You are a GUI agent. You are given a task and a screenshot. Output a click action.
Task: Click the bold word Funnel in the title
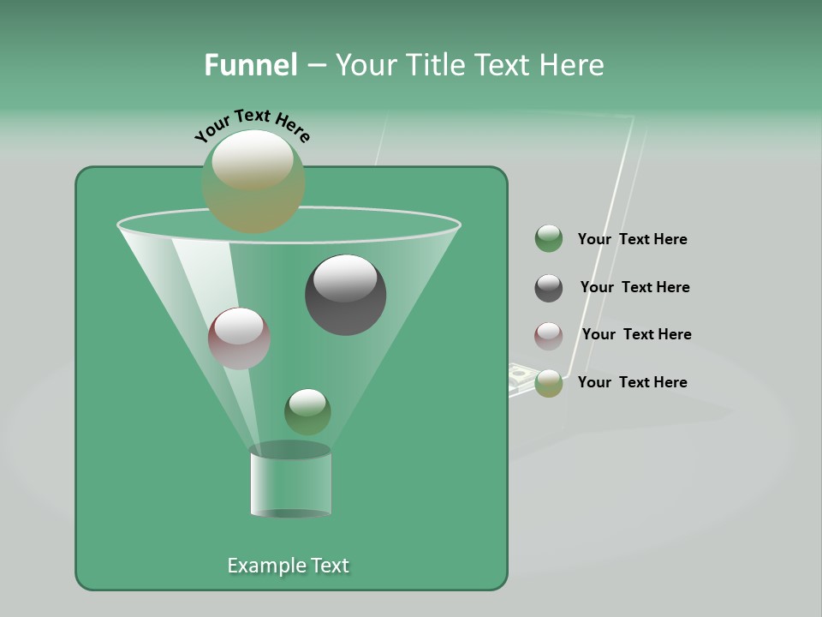point(250,65)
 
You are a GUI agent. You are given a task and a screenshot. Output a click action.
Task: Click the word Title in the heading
point(436,65)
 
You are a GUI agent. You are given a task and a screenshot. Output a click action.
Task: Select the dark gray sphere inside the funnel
point(346,295)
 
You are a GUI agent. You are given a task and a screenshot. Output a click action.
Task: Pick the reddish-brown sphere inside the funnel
point(240,338)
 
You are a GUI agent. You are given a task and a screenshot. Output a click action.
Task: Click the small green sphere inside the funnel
point(307,411)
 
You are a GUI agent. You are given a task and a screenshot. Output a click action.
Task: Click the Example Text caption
point(288,566)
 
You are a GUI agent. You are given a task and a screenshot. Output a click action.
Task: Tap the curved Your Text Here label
point(252,125)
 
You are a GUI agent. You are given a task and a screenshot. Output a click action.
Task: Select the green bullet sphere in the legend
point(549,239)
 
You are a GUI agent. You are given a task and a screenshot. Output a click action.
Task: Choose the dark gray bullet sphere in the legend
point(549,288)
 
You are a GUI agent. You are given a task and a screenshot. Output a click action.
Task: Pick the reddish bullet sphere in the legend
point(549,336)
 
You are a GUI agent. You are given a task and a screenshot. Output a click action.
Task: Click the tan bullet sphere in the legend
point(549,383)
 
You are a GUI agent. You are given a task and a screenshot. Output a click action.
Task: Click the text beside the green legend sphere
point(632,240)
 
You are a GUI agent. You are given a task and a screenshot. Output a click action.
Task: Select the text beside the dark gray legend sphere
point(634,288)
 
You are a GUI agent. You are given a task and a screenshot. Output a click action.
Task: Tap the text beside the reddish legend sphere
point(636,335)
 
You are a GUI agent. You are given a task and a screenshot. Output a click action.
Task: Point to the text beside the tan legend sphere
point(632,383)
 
